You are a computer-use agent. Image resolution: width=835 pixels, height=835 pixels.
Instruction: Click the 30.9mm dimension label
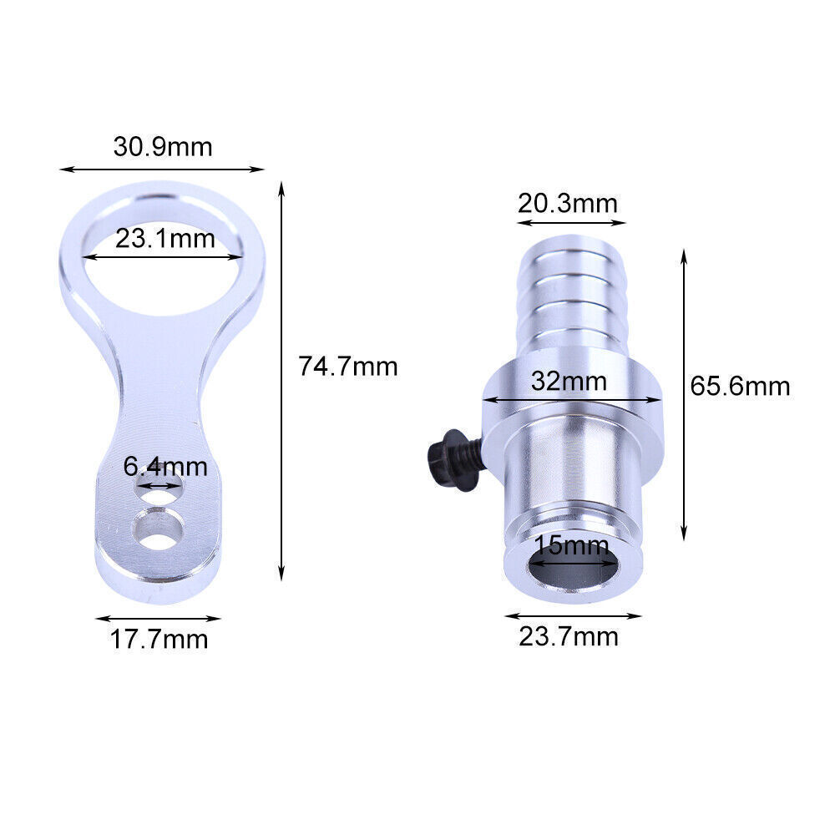(x=163, y=147)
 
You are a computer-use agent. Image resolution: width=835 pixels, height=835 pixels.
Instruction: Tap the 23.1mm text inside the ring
(x=165, y=240)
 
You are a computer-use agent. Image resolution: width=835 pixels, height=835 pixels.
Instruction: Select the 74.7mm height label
(x=348, y=366)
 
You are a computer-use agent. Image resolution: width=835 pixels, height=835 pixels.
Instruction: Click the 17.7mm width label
(x=159, y=640)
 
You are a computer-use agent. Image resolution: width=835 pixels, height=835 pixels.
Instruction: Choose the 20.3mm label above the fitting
(x=568, y=203)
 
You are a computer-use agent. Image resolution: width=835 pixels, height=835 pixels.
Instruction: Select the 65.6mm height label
(x=740, y=386)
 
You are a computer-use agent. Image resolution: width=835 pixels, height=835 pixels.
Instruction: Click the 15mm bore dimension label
(x=572, y=547)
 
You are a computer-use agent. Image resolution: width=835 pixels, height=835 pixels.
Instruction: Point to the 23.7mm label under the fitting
(x=569, y=637)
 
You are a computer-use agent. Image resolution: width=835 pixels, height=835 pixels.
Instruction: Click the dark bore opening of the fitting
(x=573, y=574)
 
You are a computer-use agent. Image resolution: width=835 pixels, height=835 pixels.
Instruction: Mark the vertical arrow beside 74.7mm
(x=281, y=380)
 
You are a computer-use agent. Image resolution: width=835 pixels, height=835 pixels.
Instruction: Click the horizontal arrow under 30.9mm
(x=162, y=169)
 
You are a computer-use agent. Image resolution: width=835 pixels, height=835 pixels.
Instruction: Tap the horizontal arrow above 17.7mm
(x=158, y=619)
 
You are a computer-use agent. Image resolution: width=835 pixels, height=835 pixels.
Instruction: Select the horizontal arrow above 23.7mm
(x=573, y=616)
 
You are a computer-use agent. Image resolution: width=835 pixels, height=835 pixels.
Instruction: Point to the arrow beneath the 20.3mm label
(x=571, y=223)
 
